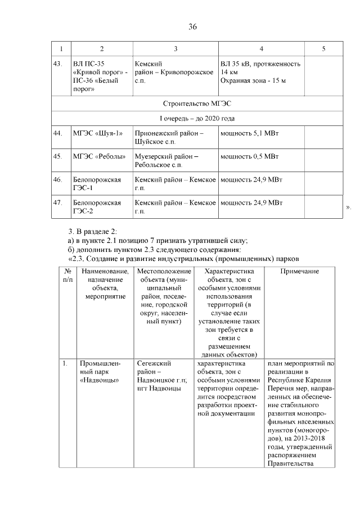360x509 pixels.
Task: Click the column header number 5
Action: coord(323,49)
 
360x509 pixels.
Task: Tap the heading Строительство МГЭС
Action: coord(197,103)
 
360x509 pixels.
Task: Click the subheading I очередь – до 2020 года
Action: coord(197,119)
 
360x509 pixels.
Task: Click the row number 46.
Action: coord(57,179)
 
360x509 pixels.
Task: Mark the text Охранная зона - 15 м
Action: coord(253,81)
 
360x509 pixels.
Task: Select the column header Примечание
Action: coord(299,272)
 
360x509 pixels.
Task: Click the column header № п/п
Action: coord(67,276)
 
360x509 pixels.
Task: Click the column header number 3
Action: coord(175,49)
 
